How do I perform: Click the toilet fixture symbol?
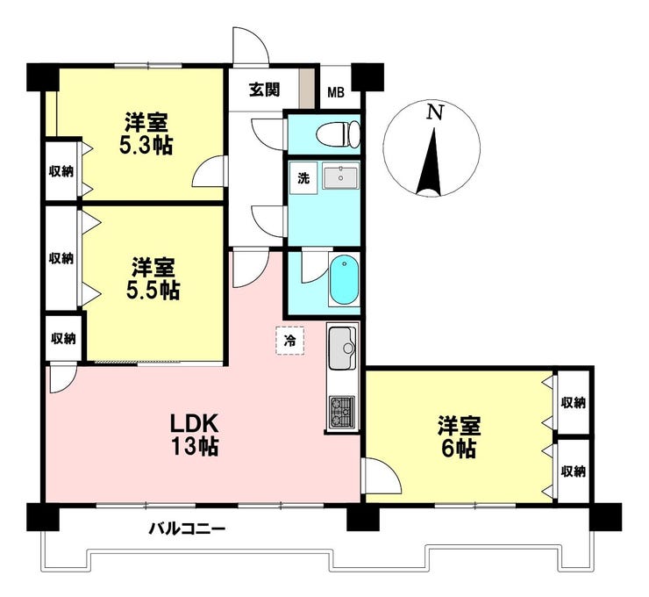pyautogui.click(x=338, y=134)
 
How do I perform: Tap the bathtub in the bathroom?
pyautogui.click(x=344, y=280)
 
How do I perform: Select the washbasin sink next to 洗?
pyautogui.click(x=340, y=177)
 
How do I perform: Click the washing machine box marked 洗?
pyautogui.click(x=303, y=177)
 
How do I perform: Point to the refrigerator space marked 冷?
pyautogui.click(x=290, y=341)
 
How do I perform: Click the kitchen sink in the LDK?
pyautogui.click(x=342, y=348)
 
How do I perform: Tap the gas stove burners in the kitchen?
pyautogui.click(x=342, y=412)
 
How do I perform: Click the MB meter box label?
pyautogui.click(x=336, y=93)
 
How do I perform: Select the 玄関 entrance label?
pyautogui.click(x=264, y=90)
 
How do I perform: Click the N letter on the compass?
pyautogui.click(x=435, y=112)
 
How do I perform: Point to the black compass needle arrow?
pyautogui.click(x=431, y=162)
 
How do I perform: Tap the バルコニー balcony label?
pyautogui.click(x=188, y=529)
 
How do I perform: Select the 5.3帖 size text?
pyautogui.click(x=146, y=146)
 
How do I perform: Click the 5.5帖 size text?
pyautogui.click(x=153, y=291)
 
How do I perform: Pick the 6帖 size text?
pyautogui.click(x=459, y=449)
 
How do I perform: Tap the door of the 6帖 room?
pyautogui.click(x=381, y=476)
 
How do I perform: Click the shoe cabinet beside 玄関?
pyautogui.click(x=307, y=89)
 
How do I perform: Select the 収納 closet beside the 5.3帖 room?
pyautogui.click(x=61, y=171)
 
